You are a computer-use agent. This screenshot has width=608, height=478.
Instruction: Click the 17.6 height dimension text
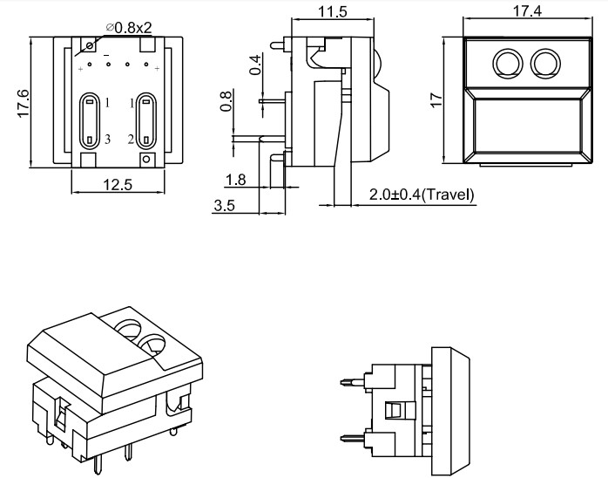coord(23,103)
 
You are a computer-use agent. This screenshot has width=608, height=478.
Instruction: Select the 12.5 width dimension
coord(116,184)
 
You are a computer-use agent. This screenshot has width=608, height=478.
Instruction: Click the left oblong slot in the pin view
coord(90,120)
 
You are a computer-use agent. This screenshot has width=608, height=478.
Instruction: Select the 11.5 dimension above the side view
coord(333,11)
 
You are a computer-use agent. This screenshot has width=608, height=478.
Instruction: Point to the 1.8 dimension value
coord(235,181)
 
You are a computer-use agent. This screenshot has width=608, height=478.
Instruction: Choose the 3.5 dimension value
coord(224,206)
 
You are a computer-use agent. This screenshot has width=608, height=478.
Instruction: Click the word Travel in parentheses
coord(447,195)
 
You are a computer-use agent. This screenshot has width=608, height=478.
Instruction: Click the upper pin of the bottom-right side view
coord(352,380)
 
